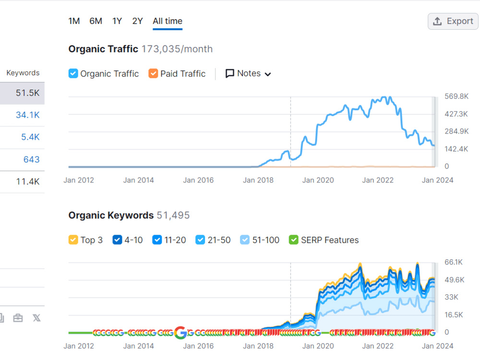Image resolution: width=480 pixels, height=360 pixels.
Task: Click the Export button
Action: tap(453, 21)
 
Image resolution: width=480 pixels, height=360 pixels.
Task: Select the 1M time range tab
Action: tap(74, 21)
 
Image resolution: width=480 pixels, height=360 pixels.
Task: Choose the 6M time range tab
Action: tap(96, 21)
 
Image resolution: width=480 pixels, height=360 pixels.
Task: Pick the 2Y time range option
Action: tap(137, 21)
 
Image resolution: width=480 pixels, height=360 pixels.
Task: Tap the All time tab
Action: tap(168, 21)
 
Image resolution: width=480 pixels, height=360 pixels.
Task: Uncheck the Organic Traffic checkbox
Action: tap(73, 73)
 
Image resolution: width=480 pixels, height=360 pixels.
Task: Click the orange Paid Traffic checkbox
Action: tap(153, 73)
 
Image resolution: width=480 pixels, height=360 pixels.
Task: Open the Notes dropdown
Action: tap(248, 73)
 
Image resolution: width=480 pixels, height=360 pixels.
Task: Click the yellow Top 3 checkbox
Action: tap(73, 240)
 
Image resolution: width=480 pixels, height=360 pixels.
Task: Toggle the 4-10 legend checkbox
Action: tap(117, 240)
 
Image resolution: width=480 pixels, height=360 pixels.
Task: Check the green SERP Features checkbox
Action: tap(294, 240)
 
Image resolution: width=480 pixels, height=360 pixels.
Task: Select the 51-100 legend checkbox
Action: tap(245, 240)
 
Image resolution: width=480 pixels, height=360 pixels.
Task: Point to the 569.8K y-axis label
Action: tap(456, 96)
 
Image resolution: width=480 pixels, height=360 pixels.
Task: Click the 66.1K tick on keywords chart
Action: tap(454, 262)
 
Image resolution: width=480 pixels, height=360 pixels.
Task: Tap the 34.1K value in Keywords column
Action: tap(27, 115)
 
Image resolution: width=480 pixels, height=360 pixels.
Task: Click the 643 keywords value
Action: tap(32, 159)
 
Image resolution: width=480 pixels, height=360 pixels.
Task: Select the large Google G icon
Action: tap(180, 333)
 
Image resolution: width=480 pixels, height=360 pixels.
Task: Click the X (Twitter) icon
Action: tap(37, 318)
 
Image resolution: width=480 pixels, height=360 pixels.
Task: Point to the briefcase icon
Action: tap(18, 318)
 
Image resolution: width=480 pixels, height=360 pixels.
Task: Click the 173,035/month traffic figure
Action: tap(177, 49)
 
